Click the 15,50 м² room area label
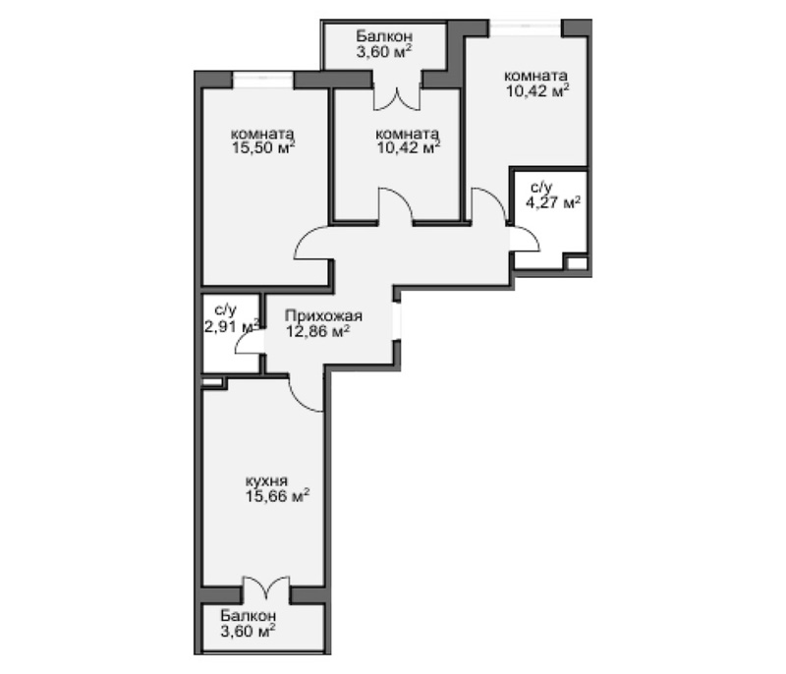click(262, 149)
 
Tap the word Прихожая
click(324, 316)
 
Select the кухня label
click(266, 481)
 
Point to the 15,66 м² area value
click(277, 497)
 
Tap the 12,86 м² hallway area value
click(318, 332)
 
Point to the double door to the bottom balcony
click(264, 590)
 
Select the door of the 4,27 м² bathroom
click(523, 239)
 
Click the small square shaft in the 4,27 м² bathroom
click(577, 263)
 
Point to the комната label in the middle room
click(407, 135)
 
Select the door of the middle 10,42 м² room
click(395, 206)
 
